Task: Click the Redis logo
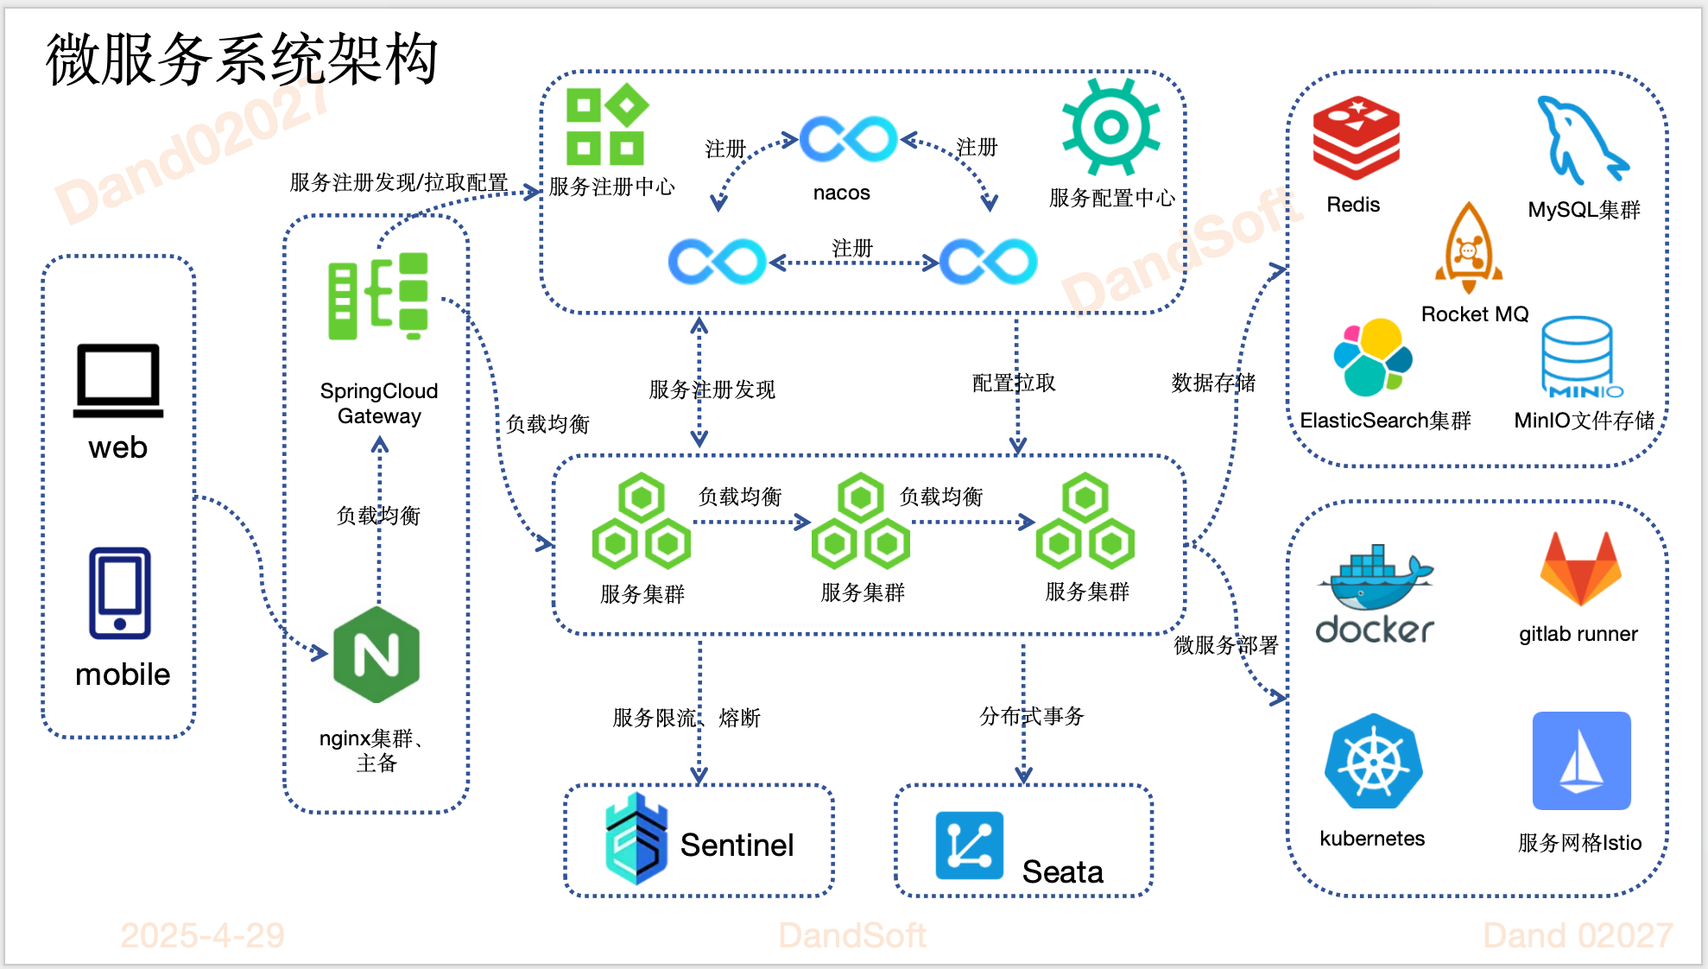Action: click(x=1356, y=138)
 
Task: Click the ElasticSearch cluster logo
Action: click(x=1373, y=357)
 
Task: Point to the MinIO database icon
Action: click(x=1578, y=357)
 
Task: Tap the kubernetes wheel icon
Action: click(x=1373, y=762)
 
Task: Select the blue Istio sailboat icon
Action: click(x=1581, y=761)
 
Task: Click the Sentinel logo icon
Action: click(x=636, y=839)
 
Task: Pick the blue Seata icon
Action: click(x=969, y=845)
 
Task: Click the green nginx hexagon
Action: click(x=376, y=654)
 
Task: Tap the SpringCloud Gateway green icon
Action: click(x=378, y=296)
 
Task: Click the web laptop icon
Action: click(x=118, y=381)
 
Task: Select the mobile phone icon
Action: click(x=120, y=593)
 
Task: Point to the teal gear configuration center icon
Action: click(x=1110, y=127)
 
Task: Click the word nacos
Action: click(x=841, y=193)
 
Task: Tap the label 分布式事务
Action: click(x=1031, y=716)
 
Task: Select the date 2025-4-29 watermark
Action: click(x=203, y=935)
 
